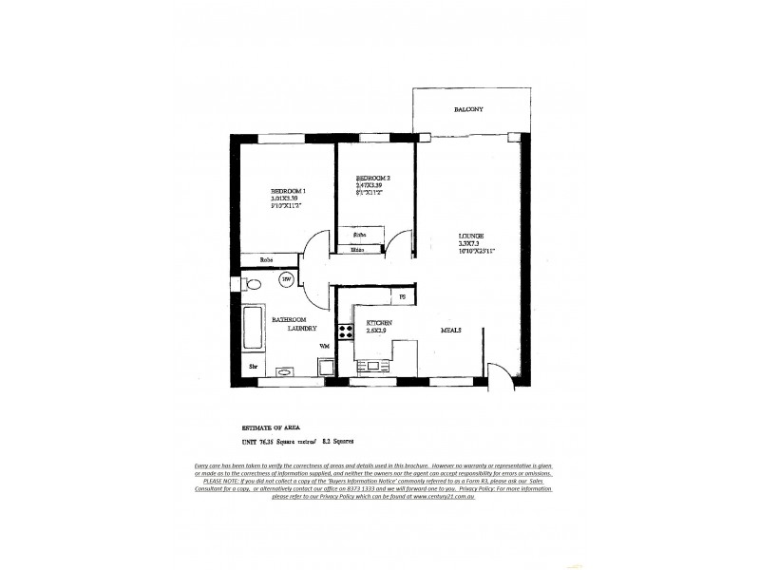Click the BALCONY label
(468, 110)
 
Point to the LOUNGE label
(471, 235)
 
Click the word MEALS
(451, 330)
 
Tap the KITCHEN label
(380, 324)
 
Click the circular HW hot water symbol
(286, 279)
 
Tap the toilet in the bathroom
(252, 283)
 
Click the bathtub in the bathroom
(253, 329)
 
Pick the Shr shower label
(254, 366)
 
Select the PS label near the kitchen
(402, 297)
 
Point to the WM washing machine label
(324, 345)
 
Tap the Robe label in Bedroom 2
(360, 234)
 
